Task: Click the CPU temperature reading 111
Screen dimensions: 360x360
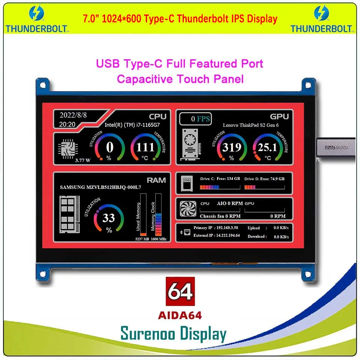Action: pos(145,147)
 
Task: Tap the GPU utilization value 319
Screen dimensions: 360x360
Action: pos(231,147)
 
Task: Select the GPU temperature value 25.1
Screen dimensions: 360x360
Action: pos(267,147)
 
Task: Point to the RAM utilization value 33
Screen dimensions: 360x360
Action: pos(109,217)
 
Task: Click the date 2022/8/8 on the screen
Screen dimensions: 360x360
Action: pos(73,115)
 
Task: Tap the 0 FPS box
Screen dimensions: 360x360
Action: pos(195,119)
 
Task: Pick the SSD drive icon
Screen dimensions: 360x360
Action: pos(186,183)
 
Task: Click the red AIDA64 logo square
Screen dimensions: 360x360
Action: pos(180,292)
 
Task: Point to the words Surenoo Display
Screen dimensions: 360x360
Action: pos(173,333)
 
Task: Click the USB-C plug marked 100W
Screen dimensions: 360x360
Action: pos(336,147)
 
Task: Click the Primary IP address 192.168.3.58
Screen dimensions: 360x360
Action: pos(228,228)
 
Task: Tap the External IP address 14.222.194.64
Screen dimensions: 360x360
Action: pos(227,235)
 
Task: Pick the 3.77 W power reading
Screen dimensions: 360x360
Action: pos(82,160)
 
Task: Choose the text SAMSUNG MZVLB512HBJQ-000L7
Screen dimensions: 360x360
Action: pos(100,187)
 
